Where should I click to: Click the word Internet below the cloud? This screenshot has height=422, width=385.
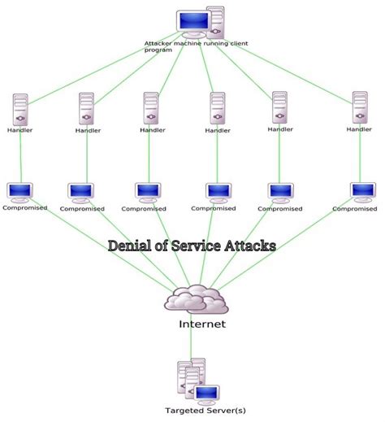[202, 324]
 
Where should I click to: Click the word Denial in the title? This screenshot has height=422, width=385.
[132, 245]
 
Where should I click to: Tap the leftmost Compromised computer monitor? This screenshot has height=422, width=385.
[19, 193]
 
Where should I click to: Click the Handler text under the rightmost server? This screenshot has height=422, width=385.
[359, 129]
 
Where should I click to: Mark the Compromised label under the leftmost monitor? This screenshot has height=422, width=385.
[24, 208]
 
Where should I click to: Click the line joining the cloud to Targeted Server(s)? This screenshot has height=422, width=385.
[192, 337]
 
